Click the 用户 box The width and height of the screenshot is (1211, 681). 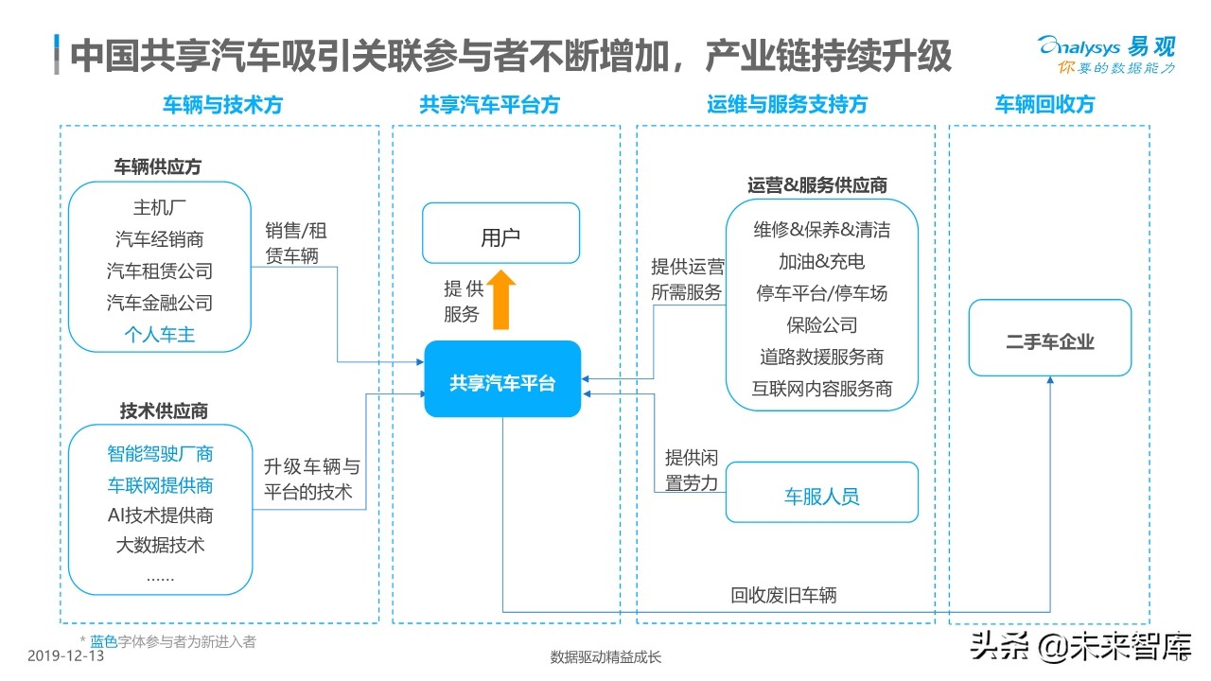500,234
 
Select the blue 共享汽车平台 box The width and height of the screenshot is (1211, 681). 502,379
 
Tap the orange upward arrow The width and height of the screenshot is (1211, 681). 501,299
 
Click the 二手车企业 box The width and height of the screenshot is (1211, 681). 1049,339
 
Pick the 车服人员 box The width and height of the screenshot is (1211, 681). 821,493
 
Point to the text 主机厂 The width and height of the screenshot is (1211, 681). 160,207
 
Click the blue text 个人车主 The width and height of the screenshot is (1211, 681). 160,334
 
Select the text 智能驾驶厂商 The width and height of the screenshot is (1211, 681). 160,453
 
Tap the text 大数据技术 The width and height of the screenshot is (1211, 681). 160,545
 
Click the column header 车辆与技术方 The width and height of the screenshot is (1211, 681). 222,104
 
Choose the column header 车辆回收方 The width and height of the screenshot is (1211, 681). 1044,104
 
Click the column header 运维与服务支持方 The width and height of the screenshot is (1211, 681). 787,104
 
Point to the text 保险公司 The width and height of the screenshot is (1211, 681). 821,324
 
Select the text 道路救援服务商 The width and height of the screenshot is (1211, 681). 821,357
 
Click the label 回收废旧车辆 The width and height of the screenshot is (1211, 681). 783,595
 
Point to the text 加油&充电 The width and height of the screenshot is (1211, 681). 821,261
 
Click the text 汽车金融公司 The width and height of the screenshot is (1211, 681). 160,303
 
